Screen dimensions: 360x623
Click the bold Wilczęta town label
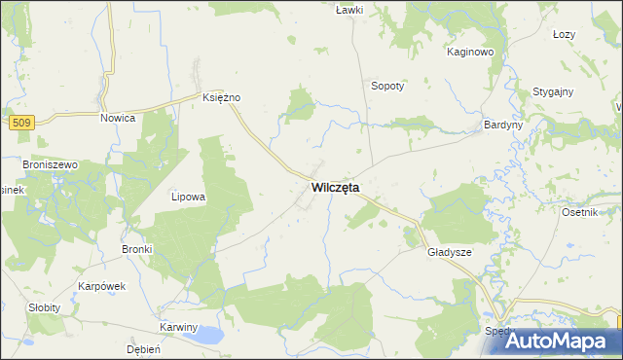[x=335, y=187]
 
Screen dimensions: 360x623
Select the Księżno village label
[x=221, y=97]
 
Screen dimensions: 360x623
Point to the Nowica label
[x=118, y=117]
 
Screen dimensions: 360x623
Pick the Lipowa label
[x=188, y=197]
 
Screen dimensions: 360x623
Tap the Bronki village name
[x=137, y=249]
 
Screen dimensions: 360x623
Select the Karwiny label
[x=179, y=327]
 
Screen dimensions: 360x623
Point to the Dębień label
[x=143, y=348]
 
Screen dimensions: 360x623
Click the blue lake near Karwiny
[x=207, y=337]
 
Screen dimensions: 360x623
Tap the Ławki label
[x=348, y=10]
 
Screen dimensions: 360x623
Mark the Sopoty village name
[x=387, y=85]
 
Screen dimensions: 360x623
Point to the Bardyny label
[x=504, y=126]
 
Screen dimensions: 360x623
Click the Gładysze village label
[x=450, y=252]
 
